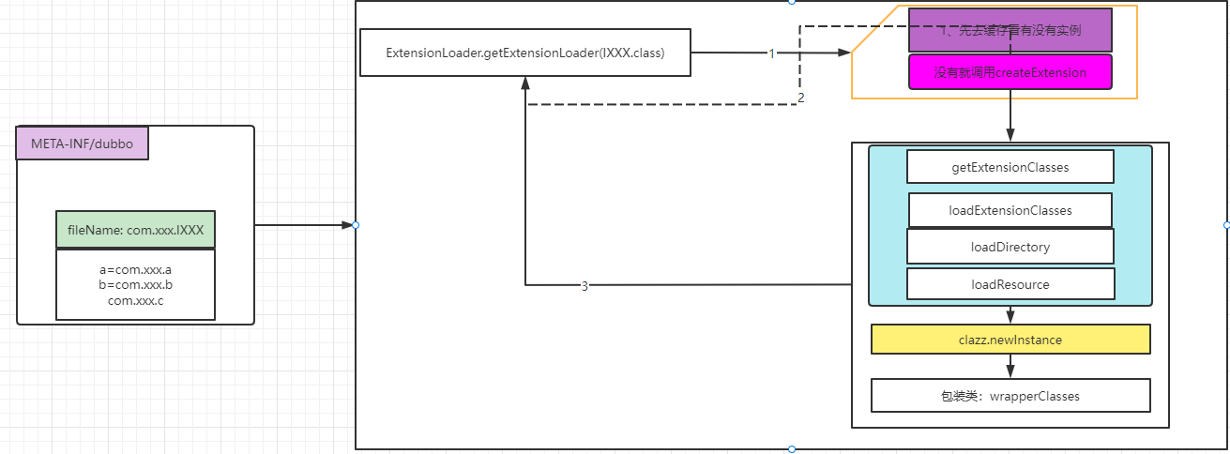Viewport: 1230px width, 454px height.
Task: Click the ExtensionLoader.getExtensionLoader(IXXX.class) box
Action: coord(525,53)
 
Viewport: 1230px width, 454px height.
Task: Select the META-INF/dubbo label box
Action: coord(83,144)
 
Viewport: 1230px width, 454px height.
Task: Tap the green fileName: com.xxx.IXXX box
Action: coord(135,229)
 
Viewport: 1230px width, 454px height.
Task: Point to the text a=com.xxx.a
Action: coord(135,270)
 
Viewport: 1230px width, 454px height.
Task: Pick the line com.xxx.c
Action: coord(135,300)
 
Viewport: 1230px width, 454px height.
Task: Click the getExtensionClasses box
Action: coord(1010,167)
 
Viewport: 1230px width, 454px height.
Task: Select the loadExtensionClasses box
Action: coord(1010,210)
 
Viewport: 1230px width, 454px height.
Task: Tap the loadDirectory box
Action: coord(1010,247)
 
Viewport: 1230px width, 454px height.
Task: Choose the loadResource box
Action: coord(1010,283)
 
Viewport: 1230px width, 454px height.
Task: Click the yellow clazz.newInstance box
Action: coord(1010,340)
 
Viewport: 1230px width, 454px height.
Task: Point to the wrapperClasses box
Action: coord(1010,396)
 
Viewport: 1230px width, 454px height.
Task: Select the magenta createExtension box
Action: coord(1010,72)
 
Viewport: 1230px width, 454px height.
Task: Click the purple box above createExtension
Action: coord(1010,30)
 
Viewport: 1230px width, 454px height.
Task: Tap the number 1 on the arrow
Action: coord(772,53)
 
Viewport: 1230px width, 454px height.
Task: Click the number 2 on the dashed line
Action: coord(800,98)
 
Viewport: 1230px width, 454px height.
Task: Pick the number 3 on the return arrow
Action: coord(585,286)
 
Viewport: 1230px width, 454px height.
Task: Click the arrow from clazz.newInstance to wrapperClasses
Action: coord(1010,367)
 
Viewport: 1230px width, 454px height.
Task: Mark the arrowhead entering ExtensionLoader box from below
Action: coord(526,83)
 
